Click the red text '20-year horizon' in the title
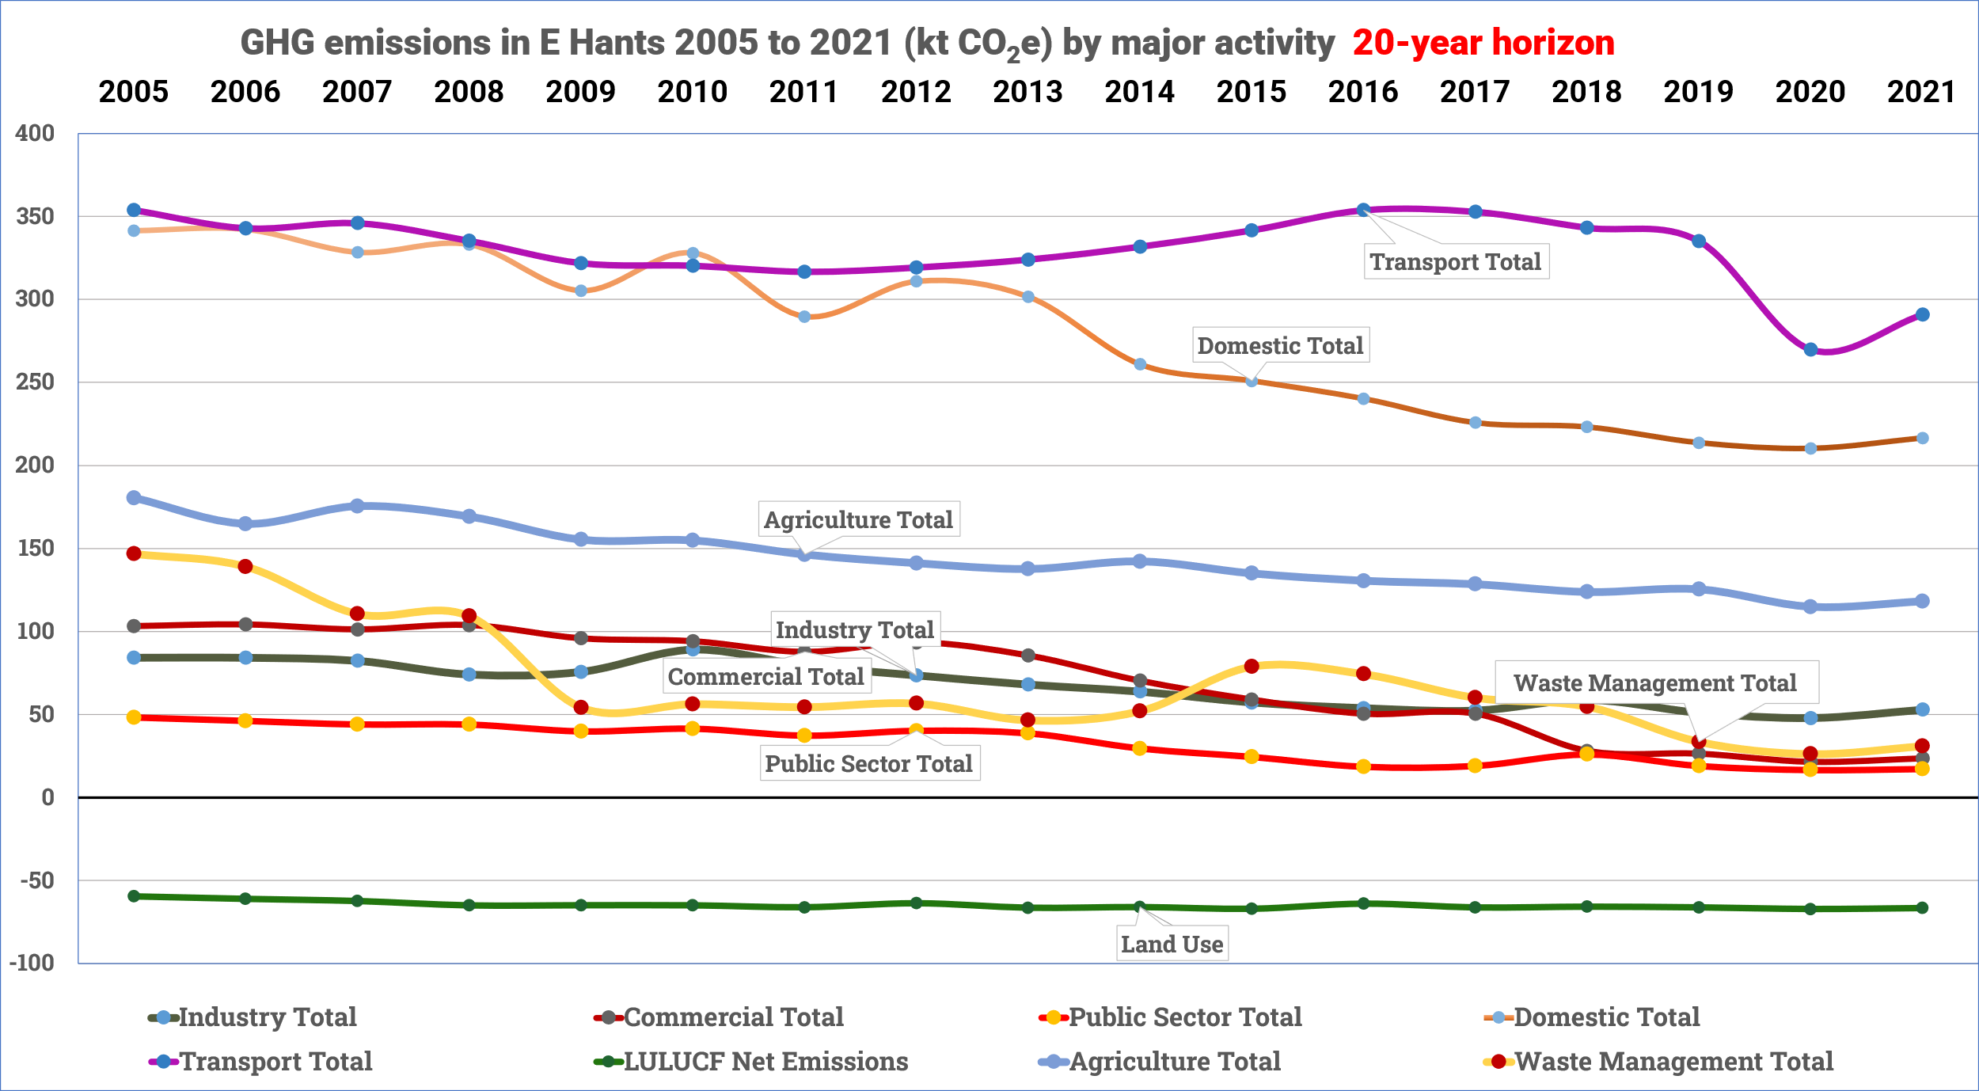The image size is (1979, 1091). tap(1483, 43)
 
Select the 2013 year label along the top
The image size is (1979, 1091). tap(1027, 92)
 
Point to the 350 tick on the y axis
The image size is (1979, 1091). tap(36, 216)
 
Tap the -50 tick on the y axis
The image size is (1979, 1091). tap(36, 880)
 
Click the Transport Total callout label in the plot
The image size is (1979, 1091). tap(1456, 262)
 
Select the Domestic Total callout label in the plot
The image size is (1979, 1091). tap(1280, 346)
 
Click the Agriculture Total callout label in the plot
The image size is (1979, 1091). tap(858, 520)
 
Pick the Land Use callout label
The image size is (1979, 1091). tap(1172, 945)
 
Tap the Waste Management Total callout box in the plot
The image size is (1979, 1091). tap(1655, 682)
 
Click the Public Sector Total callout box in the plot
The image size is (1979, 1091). tap(868, 764)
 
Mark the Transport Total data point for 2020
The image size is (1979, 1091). tap(1810, 350)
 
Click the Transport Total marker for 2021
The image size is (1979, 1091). tap(1922, 315)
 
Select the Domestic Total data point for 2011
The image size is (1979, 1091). tap(804, 317)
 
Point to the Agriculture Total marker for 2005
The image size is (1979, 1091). tap(134, 498)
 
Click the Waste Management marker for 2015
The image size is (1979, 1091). tap(1252, 667)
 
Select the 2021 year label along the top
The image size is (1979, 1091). tap(1921, 92)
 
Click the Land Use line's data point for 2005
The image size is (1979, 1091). tap(134, 896)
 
